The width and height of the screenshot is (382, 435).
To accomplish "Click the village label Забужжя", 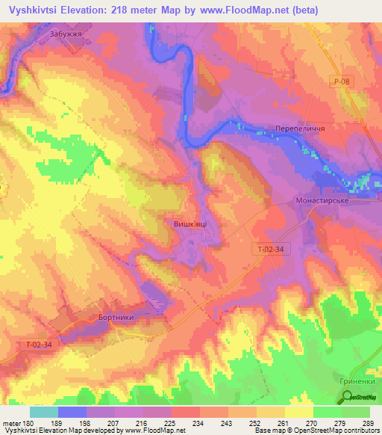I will (x=65, y=34).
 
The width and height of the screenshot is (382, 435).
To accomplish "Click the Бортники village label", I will (x=116, y=317).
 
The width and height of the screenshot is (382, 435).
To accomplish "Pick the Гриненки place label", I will (x=356, y=382).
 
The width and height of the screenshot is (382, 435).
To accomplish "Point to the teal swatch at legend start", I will (x=44, y=412).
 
